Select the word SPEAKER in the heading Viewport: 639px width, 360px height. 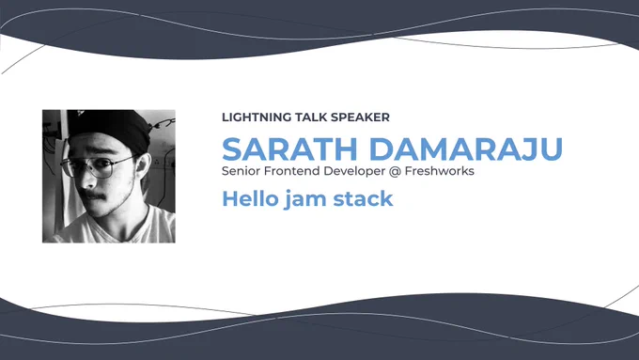tap(360, 117)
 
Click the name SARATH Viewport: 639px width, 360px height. tap(289, 149)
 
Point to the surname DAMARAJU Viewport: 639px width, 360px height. tap(466, 149)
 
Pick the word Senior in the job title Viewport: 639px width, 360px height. tap(242, 171)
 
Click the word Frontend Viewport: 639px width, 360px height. tap(292, 171)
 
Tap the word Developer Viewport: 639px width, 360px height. tap(354, 172)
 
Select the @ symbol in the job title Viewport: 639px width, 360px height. tap(395, 172)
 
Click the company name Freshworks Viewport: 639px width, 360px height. tap(440, 171)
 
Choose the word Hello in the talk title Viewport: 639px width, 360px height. tap(250, 198)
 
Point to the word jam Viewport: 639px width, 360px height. tap(305, 200)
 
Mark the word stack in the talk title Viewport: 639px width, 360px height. tap(363, 198)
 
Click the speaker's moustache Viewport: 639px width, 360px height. tap(95, 196)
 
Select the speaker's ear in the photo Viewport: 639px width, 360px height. tap(141, 166)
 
